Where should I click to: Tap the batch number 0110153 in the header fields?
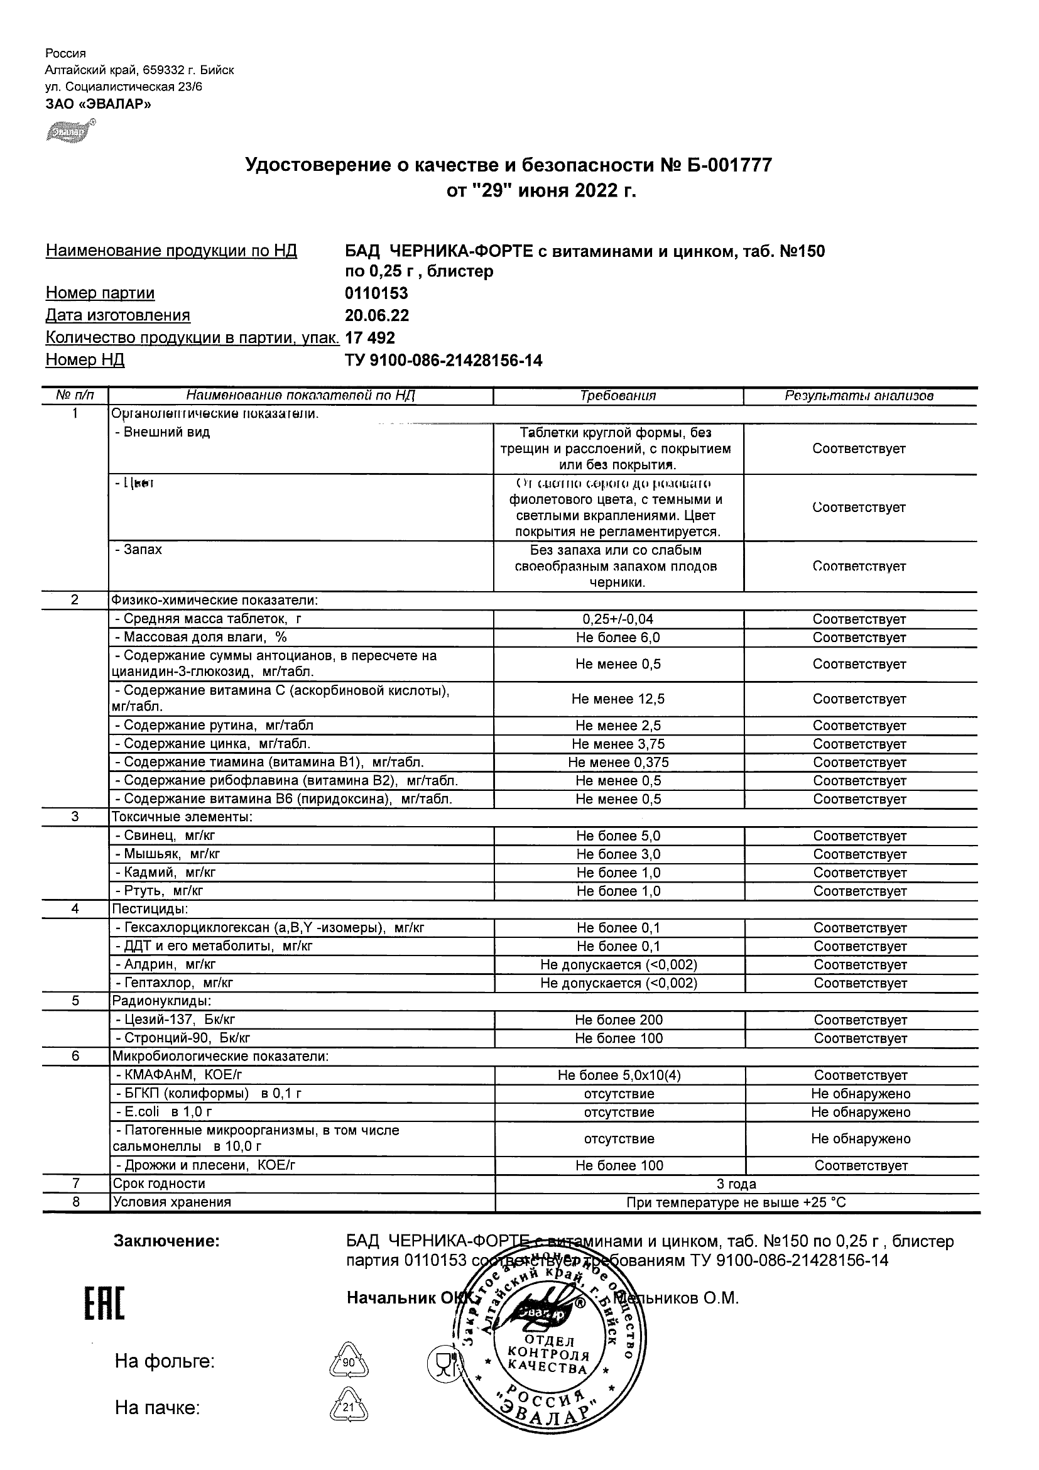coord(376,293)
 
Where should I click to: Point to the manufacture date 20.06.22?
coord(376,315)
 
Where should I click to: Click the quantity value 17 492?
coord(370,338)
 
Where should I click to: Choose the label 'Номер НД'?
coord(85,360)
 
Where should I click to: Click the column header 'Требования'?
coord(617,396)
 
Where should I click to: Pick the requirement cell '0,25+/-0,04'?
coord(617,619)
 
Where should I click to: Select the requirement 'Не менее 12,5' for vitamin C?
coord(617,699)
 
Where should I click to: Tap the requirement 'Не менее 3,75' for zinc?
coord(617,744)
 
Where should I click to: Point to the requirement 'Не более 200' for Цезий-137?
coord(618,1020)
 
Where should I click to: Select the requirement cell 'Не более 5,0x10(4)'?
coord(619,1075)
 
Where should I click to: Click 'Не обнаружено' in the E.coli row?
coord(861,1112)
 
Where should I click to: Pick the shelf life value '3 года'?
coord(737,1184)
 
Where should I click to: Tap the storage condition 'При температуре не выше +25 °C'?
coord(736,1202)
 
